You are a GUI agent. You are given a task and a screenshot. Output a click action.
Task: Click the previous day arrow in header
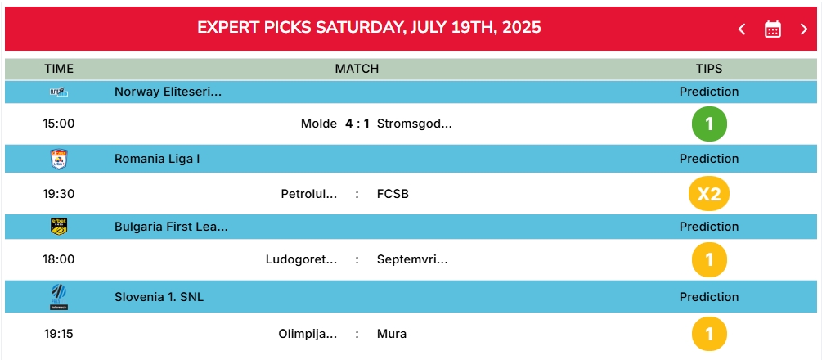pos(742,29)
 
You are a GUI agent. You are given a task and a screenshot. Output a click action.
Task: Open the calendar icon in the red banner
pos(773,29)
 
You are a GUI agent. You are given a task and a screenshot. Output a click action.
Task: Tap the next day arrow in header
pos(804,29)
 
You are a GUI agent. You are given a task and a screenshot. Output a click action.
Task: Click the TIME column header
pos(59,69)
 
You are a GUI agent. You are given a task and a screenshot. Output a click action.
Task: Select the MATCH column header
pos(357,69)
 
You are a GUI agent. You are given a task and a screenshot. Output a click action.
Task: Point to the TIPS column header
pos(709,69)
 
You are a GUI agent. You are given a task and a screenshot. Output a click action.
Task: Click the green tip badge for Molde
pos(709,124)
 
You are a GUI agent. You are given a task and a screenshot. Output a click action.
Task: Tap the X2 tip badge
pos(709,194)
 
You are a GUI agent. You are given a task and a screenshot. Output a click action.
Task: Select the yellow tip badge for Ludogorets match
pos(709,259)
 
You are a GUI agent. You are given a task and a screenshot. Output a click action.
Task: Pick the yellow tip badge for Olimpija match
pos(709,334)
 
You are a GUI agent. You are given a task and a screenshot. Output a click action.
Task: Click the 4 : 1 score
pos(357,124)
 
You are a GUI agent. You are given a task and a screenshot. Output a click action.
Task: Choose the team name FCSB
pos(393,194)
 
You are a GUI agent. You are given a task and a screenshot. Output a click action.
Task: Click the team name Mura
pos(392,334)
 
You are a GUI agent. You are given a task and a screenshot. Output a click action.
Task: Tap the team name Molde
pos(319,124)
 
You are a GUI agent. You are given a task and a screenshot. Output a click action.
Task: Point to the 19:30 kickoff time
pos(59,194)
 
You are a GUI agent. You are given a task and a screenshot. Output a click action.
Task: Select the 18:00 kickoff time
pos(59,259)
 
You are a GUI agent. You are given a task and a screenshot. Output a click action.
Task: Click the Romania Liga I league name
pos(157,159)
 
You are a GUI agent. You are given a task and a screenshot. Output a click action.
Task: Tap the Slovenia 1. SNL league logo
pos(59,296)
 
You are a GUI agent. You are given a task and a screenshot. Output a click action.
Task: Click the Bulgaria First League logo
pos(59,226)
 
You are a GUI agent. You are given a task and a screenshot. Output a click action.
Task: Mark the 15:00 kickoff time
pos(59,124)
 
